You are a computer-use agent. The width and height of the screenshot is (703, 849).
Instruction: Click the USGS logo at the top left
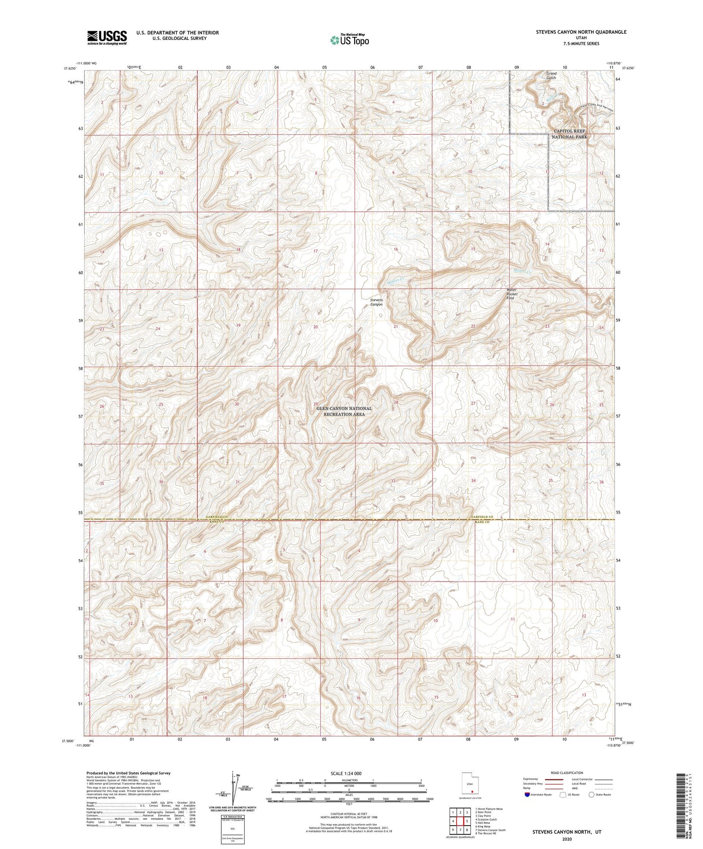click(107, 37)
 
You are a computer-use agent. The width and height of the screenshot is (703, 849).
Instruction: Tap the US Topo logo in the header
click(349, 40)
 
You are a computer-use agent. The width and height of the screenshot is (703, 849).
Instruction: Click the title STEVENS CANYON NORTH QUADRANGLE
click(581, 32)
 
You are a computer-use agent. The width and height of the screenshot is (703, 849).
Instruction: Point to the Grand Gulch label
click(551, 76)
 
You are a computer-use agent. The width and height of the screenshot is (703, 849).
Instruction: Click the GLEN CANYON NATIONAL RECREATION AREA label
click(344, 411)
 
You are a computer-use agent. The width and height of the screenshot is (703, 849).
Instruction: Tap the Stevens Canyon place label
click(376, 302)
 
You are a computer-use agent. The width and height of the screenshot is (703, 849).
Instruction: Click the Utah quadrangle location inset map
click(470, 785)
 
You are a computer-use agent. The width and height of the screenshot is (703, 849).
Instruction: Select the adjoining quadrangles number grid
click(460, 822)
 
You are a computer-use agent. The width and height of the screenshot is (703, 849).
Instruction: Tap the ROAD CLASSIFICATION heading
click(567, 773)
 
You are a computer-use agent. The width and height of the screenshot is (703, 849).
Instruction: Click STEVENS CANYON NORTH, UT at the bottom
click(567, 832)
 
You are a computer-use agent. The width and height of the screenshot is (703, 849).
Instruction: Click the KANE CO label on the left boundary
click(216, 522)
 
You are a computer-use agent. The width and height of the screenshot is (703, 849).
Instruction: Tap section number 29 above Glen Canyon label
click(315, 404)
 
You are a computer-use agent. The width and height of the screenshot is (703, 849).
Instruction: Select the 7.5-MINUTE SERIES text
click(581, 44)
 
